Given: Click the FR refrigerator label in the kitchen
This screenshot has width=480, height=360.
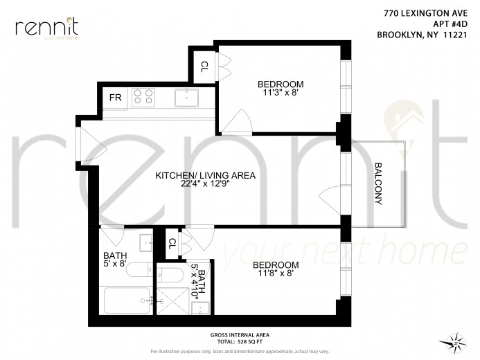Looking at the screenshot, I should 115,98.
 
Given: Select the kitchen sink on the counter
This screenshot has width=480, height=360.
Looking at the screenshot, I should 186,98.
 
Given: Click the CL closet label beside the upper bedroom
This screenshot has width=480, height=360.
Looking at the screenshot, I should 204,67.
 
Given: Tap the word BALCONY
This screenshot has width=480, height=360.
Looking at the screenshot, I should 379,183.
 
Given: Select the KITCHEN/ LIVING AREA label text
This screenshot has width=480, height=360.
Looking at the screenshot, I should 205,176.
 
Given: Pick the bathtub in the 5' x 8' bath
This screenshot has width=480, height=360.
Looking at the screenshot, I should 127,301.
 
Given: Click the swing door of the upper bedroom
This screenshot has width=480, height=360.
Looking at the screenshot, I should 239,121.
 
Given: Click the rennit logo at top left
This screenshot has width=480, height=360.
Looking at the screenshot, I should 46,28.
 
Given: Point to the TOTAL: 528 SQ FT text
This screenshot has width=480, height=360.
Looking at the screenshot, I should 240,341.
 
